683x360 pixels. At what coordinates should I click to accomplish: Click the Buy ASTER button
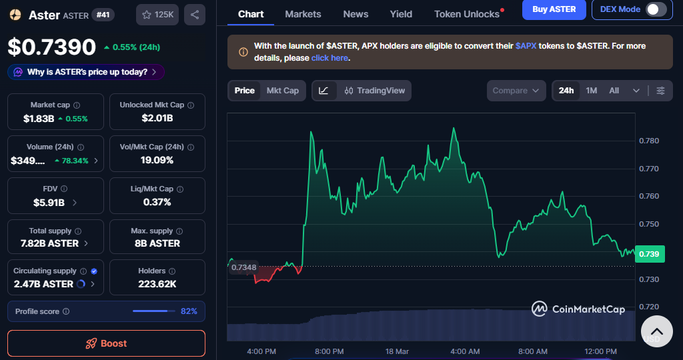(x=554, y=9)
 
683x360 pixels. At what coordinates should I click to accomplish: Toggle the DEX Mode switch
(x=656, y=9)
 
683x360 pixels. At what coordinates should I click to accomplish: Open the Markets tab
(x=303, y=14)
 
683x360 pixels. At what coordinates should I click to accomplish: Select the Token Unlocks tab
(x=467, y=14)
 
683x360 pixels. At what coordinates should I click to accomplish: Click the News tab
(x=356, y=14)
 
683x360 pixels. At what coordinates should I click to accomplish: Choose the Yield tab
(x=401, y=14)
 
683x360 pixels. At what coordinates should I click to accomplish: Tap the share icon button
(x=194, y=14)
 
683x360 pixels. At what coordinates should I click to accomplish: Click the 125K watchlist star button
(x=157, y=14)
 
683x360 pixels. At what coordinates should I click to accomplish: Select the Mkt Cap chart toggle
(x=283, y=91)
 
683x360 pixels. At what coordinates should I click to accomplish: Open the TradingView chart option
(x=375, y=91)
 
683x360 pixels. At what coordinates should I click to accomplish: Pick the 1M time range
(x=592, y=91)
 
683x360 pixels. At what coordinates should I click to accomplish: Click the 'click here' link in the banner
(x=329, y=58)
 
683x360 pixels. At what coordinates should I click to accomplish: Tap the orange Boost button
(x=106, y=343)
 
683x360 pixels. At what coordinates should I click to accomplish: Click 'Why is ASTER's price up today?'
(x=87, y=72)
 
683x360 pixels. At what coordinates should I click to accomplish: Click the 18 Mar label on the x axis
(x=397, y=351)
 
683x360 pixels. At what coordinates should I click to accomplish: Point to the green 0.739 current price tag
(x=649, y=254)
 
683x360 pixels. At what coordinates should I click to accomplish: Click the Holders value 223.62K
(x=157, y=283)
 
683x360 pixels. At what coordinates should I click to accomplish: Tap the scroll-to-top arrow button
(x=656, y=331)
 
